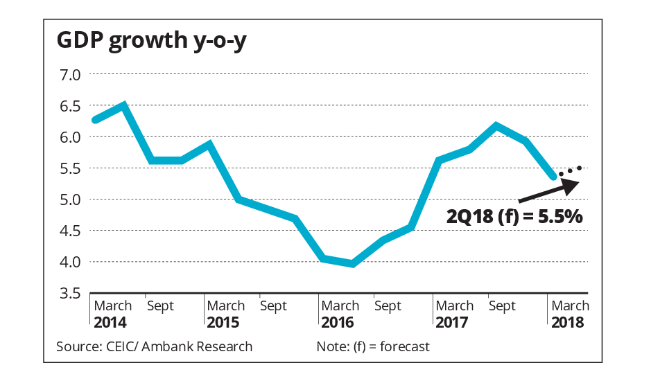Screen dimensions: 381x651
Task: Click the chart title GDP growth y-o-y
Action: click(152, 41)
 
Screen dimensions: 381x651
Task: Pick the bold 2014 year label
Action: click(110, 322)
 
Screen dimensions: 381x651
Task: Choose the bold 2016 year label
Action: click(338, 322)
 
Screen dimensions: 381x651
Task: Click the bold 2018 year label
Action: click(567, 322)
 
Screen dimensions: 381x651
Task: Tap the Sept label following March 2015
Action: click(273, 305)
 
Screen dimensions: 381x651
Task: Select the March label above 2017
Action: click(455, 305)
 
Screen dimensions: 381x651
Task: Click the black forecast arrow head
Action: click(571, 184)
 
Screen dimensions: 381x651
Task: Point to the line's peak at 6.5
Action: click(123, 105)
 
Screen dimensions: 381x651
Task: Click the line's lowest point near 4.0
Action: click(354, 264)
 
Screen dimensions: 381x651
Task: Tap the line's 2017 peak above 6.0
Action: click(496, 125)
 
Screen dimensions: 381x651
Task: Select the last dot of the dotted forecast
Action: click(579, 168)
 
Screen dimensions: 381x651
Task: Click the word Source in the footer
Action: click(74, 346)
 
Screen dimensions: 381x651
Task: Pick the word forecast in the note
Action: click(404, 346)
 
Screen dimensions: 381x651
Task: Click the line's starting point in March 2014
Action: click(95, 121)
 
